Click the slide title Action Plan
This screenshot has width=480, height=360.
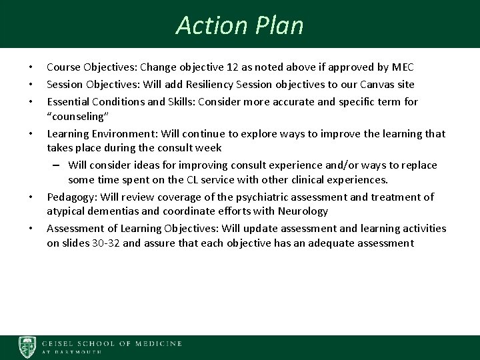[x=239, y=25]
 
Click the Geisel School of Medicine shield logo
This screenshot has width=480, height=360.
[x=27, y=347]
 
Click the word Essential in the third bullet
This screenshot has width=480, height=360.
[x=67, y=101]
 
